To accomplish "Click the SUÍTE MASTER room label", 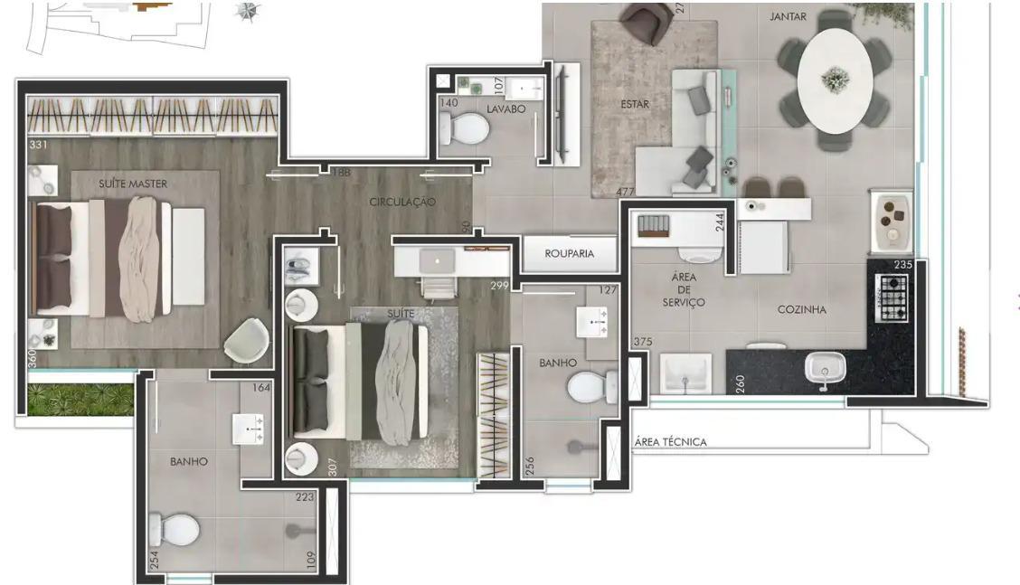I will coord(133,184).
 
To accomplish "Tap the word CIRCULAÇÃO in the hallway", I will coord(402,202).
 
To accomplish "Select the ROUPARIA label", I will coord(570,254).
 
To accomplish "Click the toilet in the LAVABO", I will coord(464,129).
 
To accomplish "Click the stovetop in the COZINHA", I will coord(893,297).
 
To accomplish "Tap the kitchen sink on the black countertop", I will coord(825,369).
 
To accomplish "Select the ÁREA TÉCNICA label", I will coord(670,442).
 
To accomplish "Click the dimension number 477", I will coord(625,192).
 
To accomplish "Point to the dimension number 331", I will coord(38,145).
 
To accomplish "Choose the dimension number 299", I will coord(500,286).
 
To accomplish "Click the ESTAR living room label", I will coord(635,104).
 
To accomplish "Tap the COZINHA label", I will coord(802,309).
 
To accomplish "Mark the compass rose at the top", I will coord(246,11).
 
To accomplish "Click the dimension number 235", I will coord(902,265).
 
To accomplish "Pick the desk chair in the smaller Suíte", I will coord(439,288).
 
